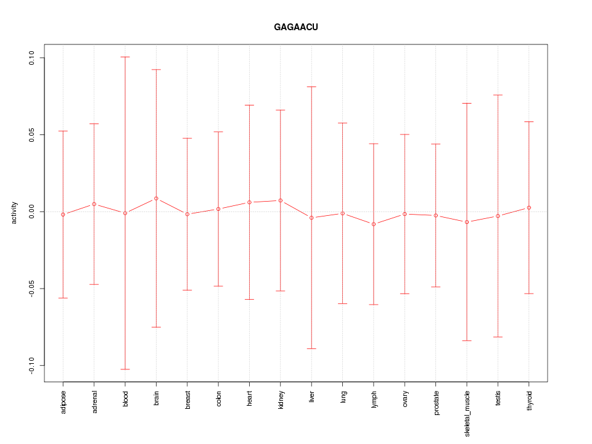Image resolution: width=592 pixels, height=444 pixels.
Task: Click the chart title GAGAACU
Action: pos(296,28)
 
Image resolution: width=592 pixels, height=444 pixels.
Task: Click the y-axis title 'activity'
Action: pos(15,212)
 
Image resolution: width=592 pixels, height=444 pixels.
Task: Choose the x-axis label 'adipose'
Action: pos(64,402)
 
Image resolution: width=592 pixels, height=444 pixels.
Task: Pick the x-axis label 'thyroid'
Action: pos(530,401)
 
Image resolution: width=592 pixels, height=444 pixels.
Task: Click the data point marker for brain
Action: pos(157,199)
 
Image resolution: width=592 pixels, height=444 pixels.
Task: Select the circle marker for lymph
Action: pos(374,224)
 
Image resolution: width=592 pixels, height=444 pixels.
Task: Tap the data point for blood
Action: pos(125,213)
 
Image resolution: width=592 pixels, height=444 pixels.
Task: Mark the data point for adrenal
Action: pos(94,204)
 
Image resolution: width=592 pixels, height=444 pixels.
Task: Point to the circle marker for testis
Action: pos(498,216)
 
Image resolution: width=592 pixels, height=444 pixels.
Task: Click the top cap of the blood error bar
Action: pos(125,57)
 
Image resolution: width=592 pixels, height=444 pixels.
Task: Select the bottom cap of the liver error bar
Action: pos(312,348)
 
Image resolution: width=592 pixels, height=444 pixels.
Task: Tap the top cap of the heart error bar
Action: pos(250,105)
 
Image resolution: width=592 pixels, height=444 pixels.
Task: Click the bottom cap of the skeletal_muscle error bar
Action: pos(467,340)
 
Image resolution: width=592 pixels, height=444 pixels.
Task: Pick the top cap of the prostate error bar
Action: pos(436,144)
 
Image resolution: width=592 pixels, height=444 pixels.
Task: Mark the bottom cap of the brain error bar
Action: pos(157,327)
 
